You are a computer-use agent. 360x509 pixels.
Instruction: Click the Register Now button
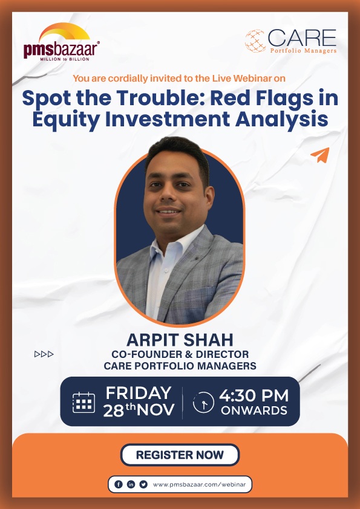[180, 455]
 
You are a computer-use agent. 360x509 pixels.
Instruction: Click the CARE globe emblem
[255, 41]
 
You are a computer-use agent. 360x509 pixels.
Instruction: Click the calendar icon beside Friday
[83, 402]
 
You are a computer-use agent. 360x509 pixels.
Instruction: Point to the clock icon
[203, 402]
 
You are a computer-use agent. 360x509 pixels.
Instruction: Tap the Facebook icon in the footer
[118, 484]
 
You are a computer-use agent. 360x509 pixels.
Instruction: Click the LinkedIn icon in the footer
[131, 484]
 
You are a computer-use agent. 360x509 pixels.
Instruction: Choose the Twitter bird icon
[143, 484]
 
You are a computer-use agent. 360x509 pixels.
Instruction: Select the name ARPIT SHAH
[180, 339]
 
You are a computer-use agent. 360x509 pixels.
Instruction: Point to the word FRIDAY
[139, 393]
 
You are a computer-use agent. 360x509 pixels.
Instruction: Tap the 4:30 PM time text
[254, 396]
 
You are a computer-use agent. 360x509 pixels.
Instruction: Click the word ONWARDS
[254, 411]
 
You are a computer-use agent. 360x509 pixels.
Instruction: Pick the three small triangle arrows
[44, 354]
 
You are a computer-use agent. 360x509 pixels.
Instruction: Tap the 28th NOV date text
[139, 410]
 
